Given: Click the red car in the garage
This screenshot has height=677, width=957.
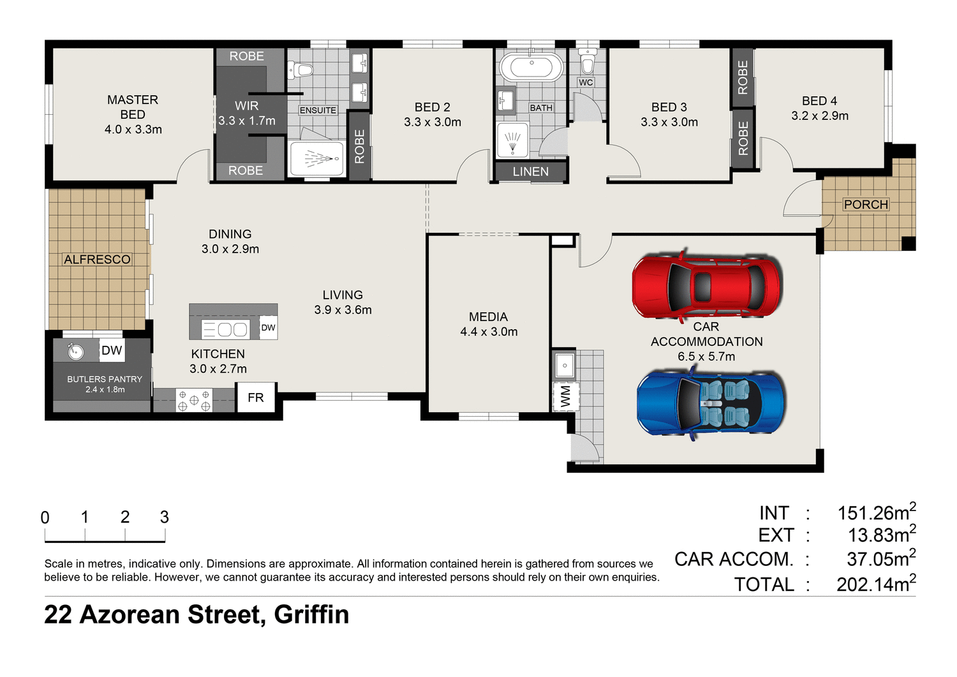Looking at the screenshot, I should click(706, 286).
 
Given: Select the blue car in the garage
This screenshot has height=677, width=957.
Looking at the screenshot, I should click(711, 403).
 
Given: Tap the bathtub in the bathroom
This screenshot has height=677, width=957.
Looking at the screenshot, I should click(531, 67).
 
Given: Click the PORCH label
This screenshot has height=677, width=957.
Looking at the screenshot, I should click(866, 205).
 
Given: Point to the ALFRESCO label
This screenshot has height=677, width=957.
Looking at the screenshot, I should click(97, 260).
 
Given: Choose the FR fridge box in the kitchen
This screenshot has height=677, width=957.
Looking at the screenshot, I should click(256, 398).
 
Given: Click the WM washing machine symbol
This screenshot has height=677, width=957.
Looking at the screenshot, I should click(565, 396).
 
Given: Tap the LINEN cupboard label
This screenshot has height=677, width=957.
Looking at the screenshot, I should click(530, 172).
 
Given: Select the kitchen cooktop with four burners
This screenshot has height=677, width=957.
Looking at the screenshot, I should click(194, 401).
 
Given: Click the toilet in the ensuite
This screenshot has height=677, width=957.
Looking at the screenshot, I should click(300, 70).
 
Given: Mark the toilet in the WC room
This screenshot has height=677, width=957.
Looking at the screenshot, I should click(586, 63).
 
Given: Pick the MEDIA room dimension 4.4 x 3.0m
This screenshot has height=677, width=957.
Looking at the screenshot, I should click(489, 332).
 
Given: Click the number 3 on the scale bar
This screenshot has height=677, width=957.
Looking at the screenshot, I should click(164, 517).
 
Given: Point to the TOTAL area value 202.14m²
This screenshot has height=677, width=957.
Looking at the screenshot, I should click(876, 584).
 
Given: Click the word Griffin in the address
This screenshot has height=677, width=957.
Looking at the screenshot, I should click(311, 615).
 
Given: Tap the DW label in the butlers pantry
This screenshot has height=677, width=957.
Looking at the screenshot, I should click(112, 350).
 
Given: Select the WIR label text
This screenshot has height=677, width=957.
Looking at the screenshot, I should click(246, 106).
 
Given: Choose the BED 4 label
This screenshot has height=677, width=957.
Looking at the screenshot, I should click(819, 101).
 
